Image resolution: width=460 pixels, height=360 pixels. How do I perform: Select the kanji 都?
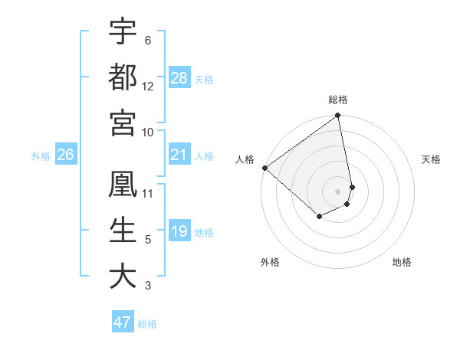coord(123,77)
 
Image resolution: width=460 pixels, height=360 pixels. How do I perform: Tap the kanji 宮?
coord(123,122)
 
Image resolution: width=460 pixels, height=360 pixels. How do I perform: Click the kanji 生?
coord(123,231)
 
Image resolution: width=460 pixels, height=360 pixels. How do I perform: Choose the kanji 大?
coord(123,276)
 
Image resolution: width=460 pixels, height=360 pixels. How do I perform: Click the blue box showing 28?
coord(179,78)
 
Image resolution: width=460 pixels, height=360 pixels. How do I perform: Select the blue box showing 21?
coord(179,155)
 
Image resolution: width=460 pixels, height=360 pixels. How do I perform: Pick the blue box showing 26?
coord(66,155)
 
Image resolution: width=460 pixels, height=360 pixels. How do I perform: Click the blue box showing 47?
coord(123,322)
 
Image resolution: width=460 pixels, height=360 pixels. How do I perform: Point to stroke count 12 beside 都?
coord(148,87)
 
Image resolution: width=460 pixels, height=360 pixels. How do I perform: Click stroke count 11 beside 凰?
coord(148,194)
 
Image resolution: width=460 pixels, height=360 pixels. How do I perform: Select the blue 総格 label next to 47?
coord(147,324)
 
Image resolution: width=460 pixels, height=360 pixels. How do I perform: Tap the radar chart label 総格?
coord(338,100)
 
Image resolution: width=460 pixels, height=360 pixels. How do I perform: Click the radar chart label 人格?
coord(245,159)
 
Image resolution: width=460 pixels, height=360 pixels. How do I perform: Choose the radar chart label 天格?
coord(432,159)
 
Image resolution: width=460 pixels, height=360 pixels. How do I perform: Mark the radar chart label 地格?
coord(402,263)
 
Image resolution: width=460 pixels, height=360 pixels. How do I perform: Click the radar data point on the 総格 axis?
coord(338,116)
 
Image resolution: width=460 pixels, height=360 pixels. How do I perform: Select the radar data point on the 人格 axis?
coord(264,168)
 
